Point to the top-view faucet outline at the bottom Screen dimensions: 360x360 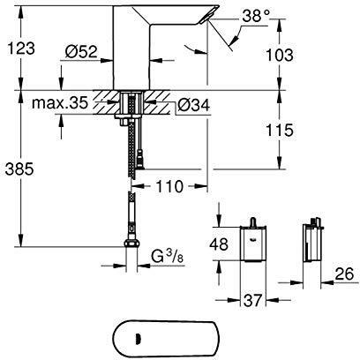tap(176, 335)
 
